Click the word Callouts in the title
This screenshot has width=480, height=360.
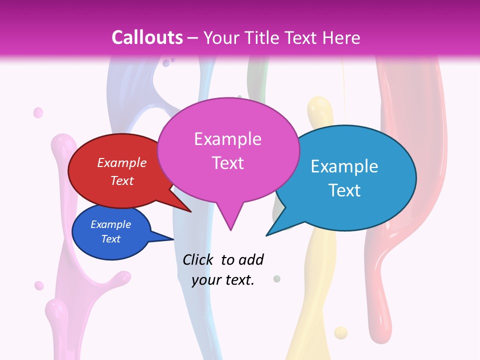(147, 37)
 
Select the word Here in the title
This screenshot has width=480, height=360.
(341, 37)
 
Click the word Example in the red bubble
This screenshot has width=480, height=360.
(121, 162)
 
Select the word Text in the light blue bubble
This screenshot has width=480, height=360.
(344, 190)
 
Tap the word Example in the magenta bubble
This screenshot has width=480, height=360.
(227, 139)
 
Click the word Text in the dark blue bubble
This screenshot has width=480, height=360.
(110, 239)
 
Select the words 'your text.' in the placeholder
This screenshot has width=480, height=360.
(223, 280)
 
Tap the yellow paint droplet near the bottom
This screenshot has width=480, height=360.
(340, 332)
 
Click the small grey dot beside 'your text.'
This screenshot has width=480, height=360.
(277, 278)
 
